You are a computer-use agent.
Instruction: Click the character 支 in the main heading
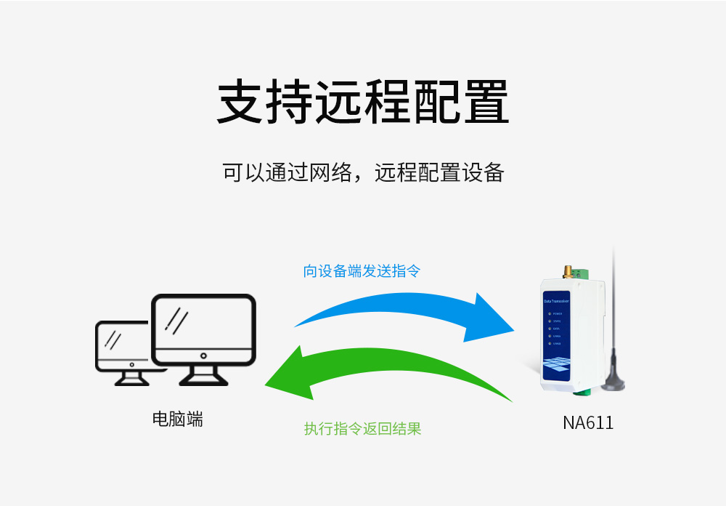point(241,102)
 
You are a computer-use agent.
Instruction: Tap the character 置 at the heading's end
point(485,102)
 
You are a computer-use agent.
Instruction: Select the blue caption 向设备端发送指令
point(362,271)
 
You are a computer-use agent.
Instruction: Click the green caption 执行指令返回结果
point(362,429)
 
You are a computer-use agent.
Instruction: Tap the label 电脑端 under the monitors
point(177,419)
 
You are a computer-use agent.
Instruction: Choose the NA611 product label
point(588,423)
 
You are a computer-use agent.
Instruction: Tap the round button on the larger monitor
point(203,356)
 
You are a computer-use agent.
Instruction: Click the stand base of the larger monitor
point(203,380)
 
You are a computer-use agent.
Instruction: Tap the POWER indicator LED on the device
point(549,314)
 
